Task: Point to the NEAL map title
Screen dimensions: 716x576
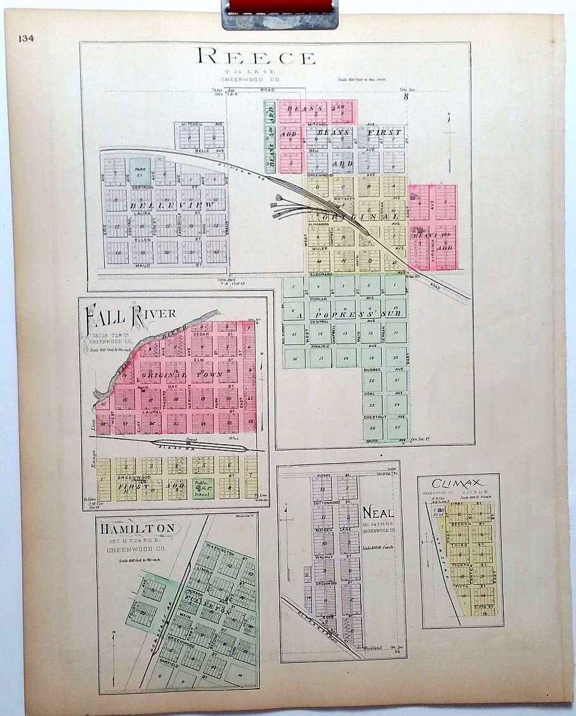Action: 378,511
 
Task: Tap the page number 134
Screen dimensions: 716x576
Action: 26,38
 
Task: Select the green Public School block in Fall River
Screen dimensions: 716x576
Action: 203,487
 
